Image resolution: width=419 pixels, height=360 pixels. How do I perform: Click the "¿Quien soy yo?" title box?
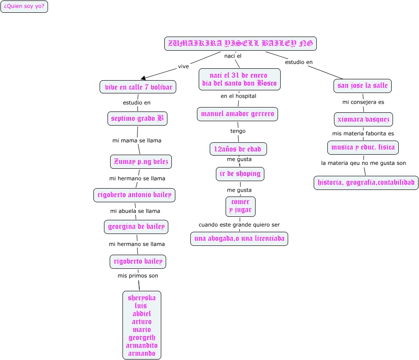pyautogui.click(x=24, y=7)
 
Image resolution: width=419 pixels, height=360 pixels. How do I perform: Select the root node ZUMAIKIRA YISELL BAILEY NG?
pyautogui.click(x=240, y=44)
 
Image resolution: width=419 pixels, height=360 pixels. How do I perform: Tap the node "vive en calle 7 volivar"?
pyautogui.click(x=138, y=87)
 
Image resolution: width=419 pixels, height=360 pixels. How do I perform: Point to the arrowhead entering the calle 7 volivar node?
pyautogui.click(x=143, y=78)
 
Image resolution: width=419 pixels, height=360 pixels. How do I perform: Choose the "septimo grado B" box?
pyautogui.click(x=137, y=119)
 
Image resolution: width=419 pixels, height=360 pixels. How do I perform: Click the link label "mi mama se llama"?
pyautogui.click(x=137, y=141)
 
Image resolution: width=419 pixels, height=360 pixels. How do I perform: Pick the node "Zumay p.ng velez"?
pyautogui.click(x=141, y=162)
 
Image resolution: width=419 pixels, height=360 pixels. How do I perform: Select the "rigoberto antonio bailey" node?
pyautogui.click(x=134, y=195)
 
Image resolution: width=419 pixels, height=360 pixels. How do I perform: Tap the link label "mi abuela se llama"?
pyautogui.click(x=135, y=211)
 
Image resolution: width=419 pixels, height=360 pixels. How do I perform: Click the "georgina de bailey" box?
pyautogui.click(x=136, y=227)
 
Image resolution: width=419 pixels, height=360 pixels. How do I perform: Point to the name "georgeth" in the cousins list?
pyautogui.click(x=142, y=338)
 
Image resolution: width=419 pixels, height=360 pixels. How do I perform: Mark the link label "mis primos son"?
pyautogui.click(x=137, y=276)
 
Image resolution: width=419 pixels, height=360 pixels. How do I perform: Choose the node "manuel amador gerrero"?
pyautogui.click(x=237, y=114)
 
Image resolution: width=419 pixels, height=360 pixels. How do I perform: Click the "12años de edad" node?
pyautogui.click(x=238, y=149)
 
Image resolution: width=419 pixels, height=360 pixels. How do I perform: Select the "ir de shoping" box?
pyautogui.click(x=240, y=174)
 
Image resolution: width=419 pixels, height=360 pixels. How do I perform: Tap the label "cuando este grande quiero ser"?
pyautogui.click(x=239, y=225)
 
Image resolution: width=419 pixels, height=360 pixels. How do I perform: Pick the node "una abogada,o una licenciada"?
pyautogui.click(x=239, y=239)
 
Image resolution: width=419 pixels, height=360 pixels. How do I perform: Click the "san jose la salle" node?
pyautogui.click(x=363, y=85)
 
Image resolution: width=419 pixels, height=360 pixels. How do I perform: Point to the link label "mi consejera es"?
pyautogui.click(x=363, y=102)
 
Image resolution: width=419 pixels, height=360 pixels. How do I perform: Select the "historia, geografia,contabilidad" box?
pyautogui.click(x=366, y=182)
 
